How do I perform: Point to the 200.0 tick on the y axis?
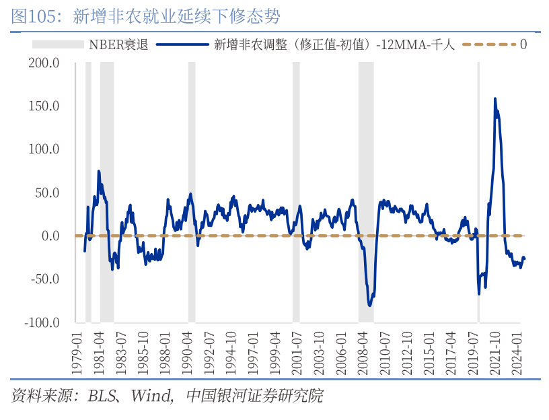tap(44, 63)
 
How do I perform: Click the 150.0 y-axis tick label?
tap(44, 106)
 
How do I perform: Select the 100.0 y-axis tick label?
tap(44, 149)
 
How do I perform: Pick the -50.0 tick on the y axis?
tap(44, 279)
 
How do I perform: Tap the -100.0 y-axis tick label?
tap(42, 322)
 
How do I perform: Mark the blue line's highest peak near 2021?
tap(495, 99)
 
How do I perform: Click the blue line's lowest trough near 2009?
tap(369, 305)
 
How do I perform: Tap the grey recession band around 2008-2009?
tap(365, 168)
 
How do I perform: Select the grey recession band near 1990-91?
tap(192, 168)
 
